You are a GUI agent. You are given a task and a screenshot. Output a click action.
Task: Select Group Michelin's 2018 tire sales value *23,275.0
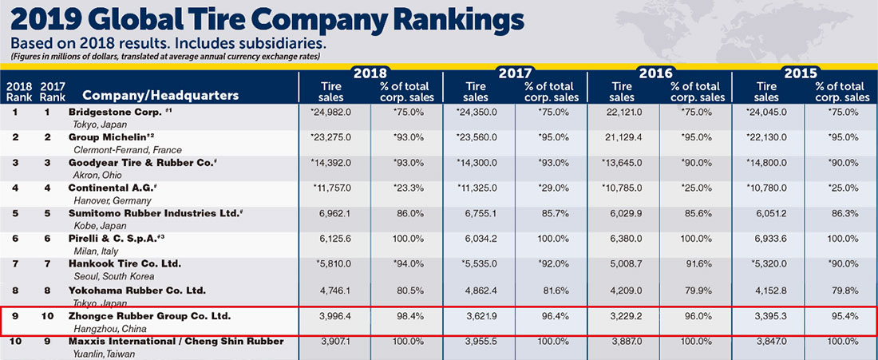pyautogui.click(x=330, y=138)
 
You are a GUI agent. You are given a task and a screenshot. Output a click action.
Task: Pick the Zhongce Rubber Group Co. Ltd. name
pyautogui.click(x=149, y=316)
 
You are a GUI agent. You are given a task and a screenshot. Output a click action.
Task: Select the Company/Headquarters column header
pyautogui.click(x=160, y=96)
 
